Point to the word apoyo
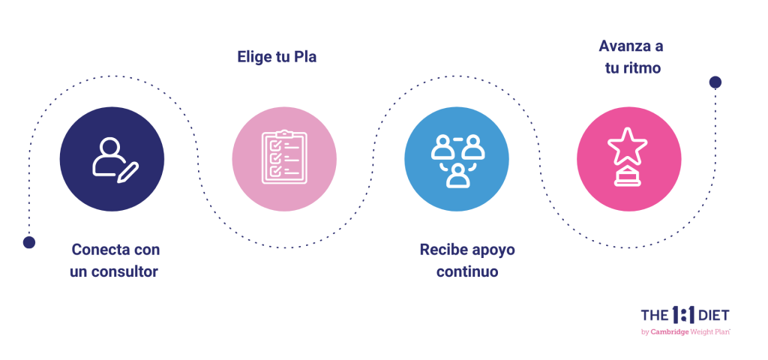492,249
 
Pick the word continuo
467,271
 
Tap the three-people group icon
457,159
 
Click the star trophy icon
628,157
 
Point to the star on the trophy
628,145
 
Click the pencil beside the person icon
127,169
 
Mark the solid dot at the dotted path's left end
28,242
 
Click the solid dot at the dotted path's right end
715,82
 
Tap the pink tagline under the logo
685,331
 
